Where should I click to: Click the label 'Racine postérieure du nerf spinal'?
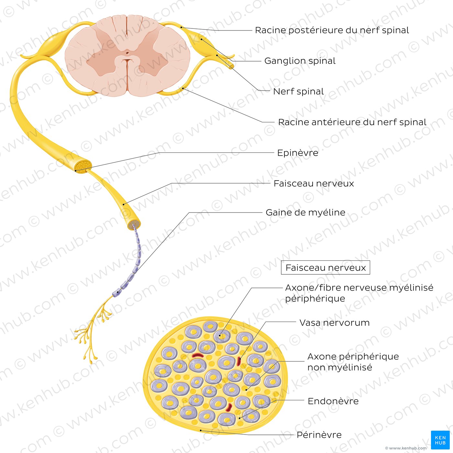point(332,30)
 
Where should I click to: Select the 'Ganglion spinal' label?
point(300,61)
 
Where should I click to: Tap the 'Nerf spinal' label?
point(298,92)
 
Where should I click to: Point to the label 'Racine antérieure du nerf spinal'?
point(352,122)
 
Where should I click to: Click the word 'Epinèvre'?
point(297,153)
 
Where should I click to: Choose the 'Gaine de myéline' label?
point(305,213)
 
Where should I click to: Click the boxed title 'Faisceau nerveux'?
point(325,268)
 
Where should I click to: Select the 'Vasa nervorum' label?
point(334,323)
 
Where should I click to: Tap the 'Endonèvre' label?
point(333,401)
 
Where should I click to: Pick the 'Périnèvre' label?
point(319,435)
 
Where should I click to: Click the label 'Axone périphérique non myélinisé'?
point(353,362)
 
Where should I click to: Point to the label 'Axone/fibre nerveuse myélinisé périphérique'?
point(359,293)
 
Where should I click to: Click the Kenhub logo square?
point(440,440)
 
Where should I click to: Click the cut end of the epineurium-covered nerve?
point(83,166)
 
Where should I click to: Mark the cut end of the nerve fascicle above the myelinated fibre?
point(134,225)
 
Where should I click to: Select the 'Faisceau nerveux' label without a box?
point(314,183)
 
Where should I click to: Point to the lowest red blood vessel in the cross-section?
point(229,407)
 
